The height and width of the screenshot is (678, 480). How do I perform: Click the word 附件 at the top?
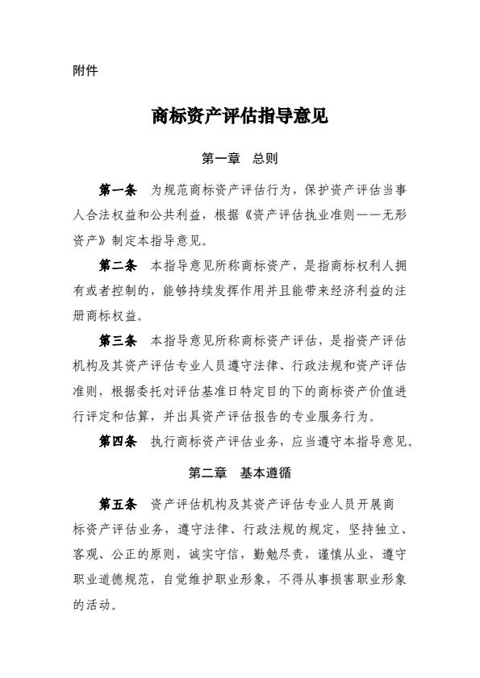pos(85,70)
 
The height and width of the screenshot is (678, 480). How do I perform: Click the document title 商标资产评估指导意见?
pos(240,117)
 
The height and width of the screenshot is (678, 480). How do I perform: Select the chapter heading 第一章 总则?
pos(240,159)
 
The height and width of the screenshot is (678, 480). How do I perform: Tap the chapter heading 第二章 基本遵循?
pos(240,473)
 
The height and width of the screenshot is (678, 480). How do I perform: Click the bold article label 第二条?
pos(118,265)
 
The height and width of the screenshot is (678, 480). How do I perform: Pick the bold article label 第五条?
pos(118,505)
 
